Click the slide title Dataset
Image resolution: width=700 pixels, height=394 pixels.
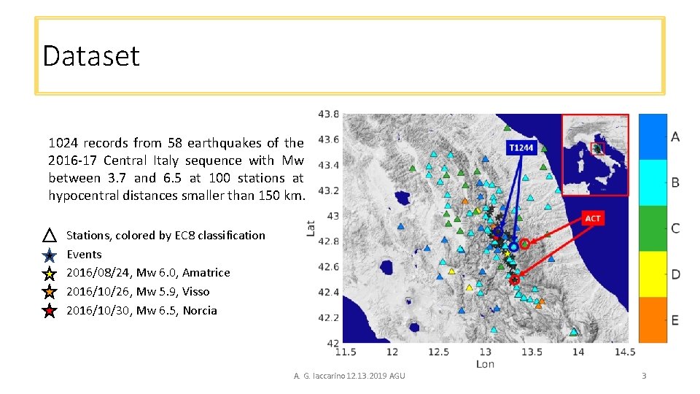tap(91, 56)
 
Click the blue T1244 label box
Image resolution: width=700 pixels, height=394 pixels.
tap(521, 148)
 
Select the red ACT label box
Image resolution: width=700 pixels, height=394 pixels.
tap(593, 218)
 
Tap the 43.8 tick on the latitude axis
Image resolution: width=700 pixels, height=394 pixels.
tap(328, 114)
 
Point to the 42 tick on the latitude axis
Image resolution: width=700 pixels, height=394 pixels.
tap(332, 342)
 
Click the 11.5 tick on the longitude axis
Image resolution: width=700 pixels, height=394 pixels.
tap(345, 352)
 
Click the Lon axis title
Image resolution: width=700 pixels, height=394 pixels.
tap(485, 363)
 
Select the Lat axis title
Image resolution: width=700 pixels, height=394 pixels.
tap(311, 228)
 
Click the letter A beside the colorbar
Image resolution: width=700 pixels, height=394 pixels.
tap(675, 136)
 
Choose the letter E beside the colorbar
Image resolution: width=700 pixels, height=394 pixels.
tap(675, 320)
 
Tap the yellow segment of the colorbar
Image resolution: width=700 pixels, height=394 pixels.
tap(653, 274)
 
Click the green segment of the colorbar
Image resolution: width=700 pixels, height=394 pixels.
tap(653, 228)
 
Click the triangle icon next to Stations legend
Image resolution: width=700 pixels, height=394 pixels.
tap(49, 235)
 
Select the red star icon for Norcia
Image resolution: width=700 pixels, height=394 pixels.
tap(49, 312)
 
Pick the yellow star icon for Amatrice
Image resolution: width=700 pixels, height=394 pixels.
tap(49, 274)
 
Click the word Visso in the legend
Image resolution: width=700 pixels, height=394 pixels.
tap(195, 292)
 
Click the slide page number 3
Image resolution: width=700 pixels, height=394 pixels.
tap(644, 376)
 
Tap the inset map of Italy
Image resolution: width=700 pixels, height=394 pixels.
tap(595, 154)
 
